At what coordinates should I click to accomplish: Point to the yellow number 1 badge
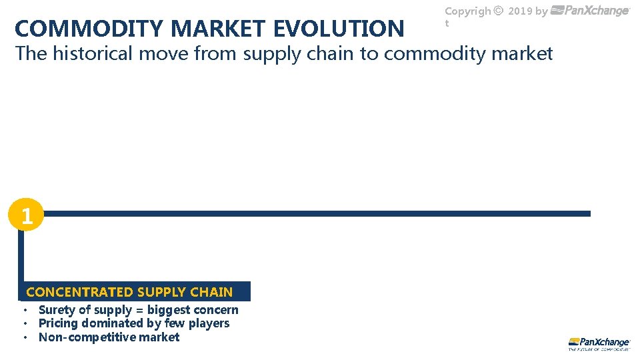point(26,216)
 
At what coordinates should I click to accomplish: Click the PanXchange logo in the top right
point(591,11)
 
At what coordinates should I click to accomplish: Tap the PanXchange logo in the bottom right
point(599,343)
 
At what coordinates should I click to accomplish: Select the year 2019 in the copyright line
point(520,11)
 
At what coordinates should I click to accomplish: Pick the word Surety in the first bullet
point(57,310)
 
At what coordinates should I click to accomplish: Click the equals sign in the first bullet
point(139,310)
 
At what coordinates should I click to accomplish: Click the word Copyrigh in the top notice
point(468,11)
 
